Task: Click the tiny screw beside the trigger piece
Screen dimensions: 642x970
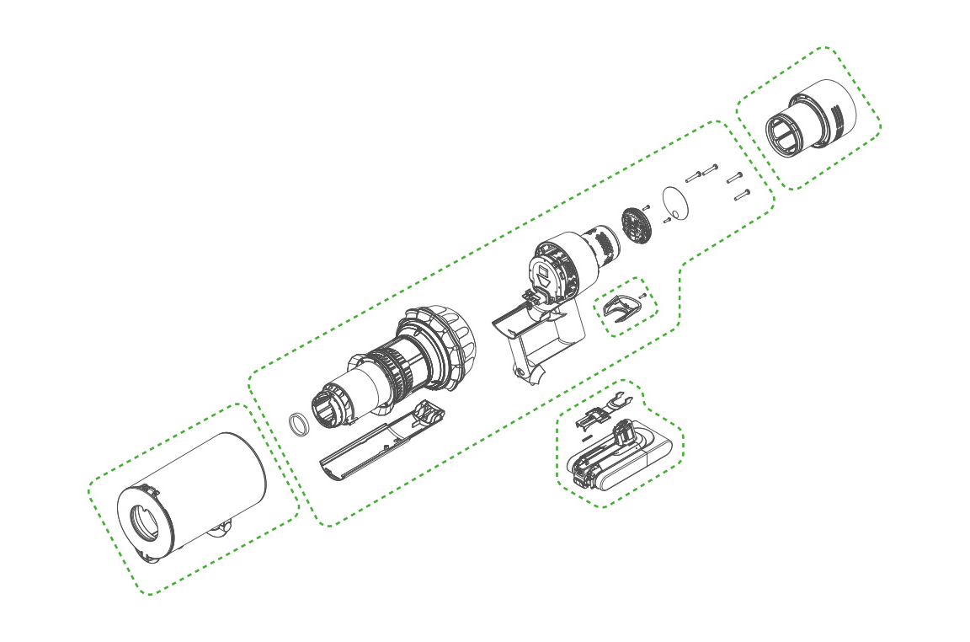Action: coord(643,296)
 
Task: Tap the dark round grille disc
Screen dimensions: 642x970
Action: coord(635,223)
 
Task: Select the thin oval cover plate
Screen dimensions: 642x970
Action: coord(675,203)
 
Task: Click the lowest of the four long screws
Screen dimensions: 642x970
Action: coord(741,195)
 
